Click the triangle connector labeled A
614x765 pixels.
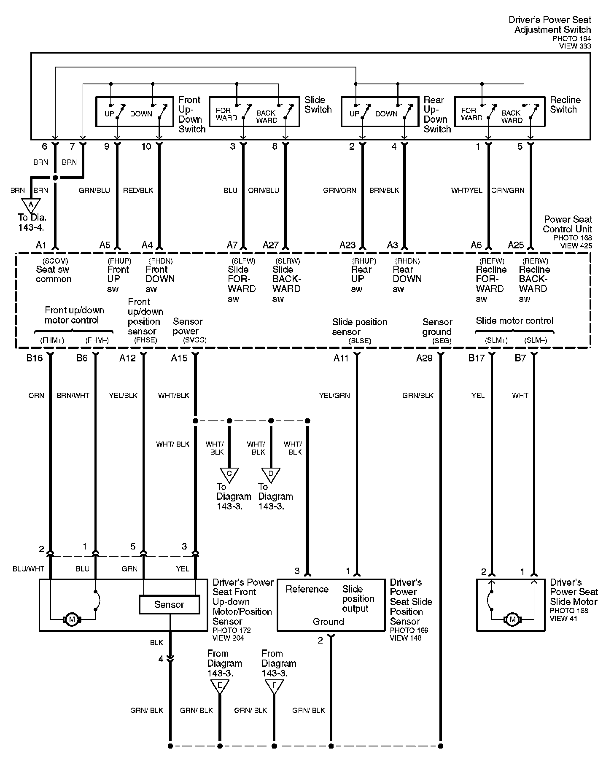pyautogui.click(x=30, y=205)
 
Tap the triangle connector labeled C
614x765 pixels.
pyautogui.click(x=229, y=474)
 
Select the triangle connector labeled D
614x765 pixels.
pyautogui.click(x=271, y=474)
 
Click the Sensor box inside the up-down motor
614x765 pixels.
pyautogui.click(x=169, y=605)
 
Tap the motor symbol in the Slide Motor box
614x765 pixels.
pyautogui.click(x=513, y=620)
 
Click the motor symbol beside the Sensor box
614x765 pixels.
pyautogui.click(x=72, y=620)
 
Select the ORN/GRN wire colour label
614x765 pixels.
pyautogui.click(x=508, y=190)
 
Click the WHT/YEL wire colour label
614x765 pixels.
pyautogui.click(x=466, y=190)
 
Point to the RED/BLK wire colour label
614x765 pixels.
pyautogui.click(x=138, y=190)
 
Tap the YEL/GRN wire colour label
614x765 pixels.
pyautogui.click(x=334, y=396)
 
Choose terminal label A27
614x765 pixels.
pyautogui.click(x=271, y=245)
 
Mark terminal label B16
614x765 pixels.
pyautogui.click(x=35, y=358)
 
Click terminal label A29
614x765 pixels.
pyautogui.click(x=424, y=358)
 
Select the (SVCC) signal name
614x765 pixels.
pyautogui.click(x=195, y=340)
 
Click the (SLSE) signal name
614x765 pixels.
pyautogui.click(x=360, y=341)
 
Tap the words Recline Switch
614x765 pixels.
pyautogui.click(x=565, y=105)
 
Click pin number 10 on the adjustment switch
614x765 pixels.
pyautogui.click(x=146, y=146)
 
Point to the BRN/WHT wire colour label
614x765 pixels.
pyautogui.click(x=73, y=396)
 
